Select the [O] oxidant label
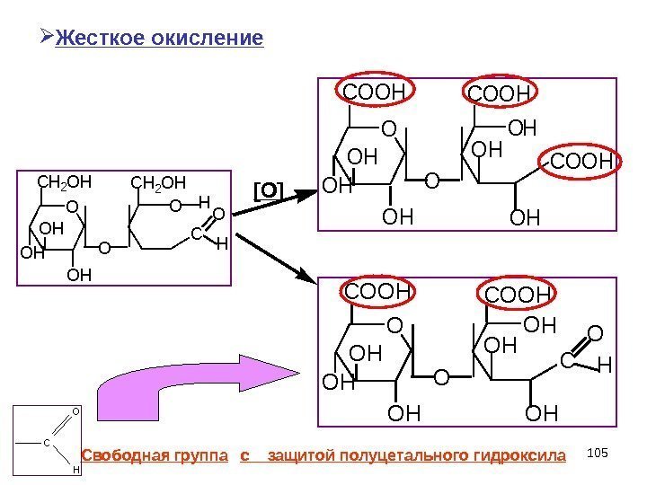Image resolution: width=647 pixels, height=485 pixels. pos(267,190)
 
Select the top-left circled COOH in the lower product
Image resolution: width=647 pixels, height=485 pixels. pos(377,292)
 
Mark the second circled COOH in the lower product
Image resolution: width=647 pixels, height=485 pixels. pos(516,295)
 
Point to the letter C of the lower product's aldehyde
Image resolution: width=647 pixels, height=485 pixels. pos(566,360)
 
